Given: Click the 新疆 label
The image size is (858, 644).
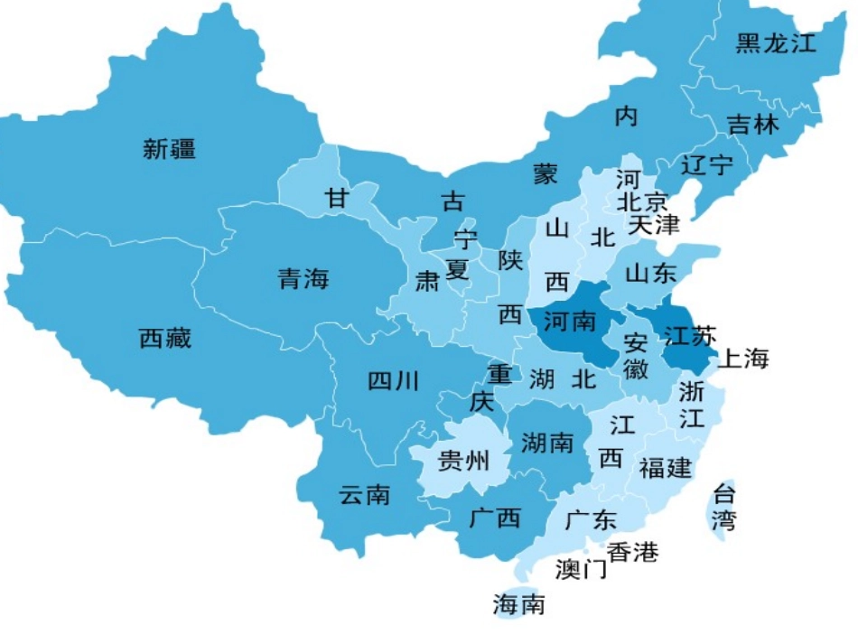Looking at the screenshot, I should (169, 149).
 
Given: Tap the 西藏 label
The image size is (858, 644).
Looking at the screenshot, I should (165, 340).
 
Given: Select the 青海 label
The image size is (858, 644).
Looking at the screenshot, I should (303, 279).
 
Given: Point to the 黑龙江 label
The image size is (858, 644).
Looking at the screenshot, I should (775, 43).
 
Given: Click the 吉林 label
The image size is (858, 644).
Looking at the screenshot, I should (752, 124).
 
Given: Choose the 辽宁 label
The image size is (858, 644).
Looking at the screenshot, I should (707, 165).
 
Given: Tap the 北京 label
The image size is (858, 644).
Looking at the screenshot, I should (642, 201).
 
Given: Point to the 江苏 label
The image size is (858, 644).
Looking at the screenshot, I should (689, 337).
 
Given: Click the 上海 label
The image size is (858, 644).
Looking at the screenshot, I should (743, 359).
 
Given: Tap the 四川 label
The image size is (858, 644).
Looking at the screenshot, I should (393, 381).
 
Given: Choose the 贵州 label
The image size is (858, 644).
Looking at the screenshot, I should (462, 462).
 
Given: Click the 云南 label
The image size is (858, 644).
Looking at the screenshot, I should (364, 495).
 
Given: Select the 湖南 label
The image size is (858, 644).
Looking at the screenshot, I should (547, 443).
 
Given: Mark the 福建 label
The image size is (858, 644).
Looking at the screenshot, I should (666, 468).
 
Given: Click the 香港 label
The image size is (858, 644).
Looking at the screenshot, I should (632, 552).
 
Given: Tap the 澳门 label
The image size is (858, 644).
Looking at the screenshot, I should (582, 570).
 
